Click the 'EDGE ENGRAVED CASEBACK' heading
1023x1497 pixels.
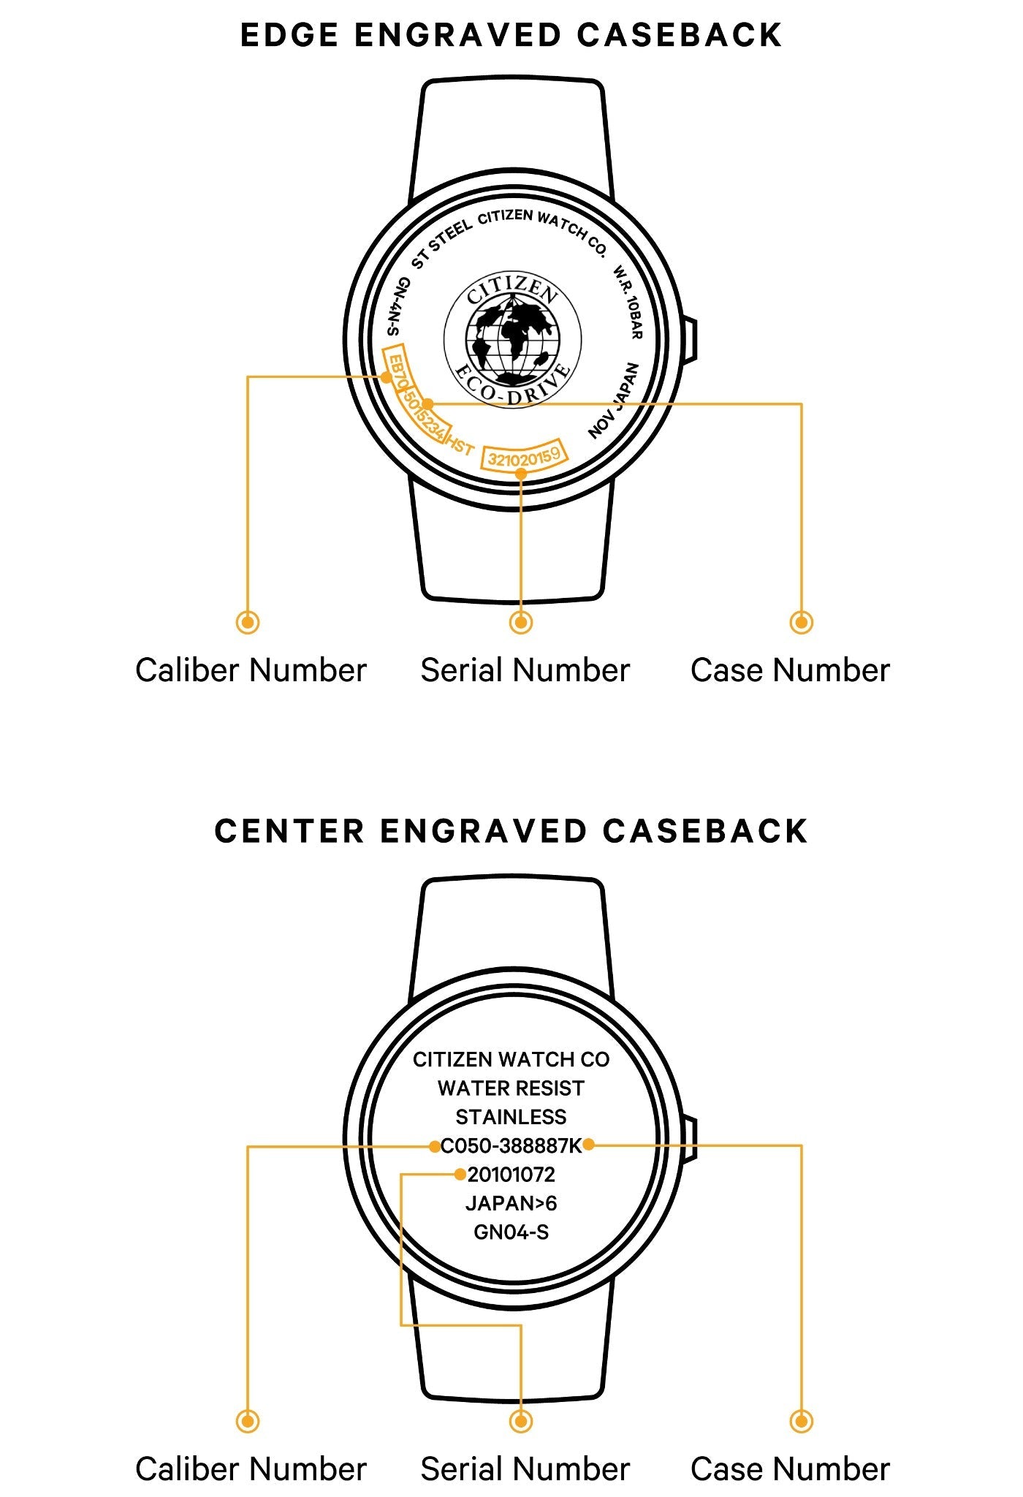click(511, 35)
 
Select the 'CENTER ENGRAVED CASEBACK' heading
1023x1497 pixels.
click(511, 831)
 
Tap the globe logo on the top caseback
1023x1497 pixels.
click(513, 340)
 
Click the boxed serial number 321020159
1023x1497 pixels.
click(524, 457)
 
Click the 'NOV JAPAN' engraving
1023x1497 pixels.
click(615, 401)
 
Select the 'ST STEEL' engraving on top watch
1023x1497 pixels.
click(441, 244)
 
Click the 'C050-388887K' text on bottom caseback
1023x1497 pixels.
click(511, 1145)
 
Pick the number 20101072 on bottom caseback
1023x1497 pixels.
click(511, 1175)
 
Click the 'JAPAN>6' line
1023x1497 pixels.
click(511, 1203)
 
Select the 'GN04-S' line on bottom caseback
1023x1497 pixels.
click(511, 1232)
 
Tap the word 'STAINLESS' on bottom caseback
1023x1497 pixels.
click(511, 1117)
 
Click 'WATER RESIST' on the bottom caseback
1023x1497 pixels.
click(511, 1088)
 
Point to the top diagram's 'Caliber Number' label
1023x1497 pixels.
click(251, 670)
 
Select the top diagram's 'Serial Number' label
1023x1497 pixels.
click(525, 670)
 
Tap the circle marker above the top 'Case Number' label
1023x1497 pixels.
click(802, 622)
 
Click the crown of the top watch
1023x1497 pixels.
click(690, 340)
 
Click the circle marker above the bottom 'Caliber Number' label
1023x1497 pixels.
click(248, 1421)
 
